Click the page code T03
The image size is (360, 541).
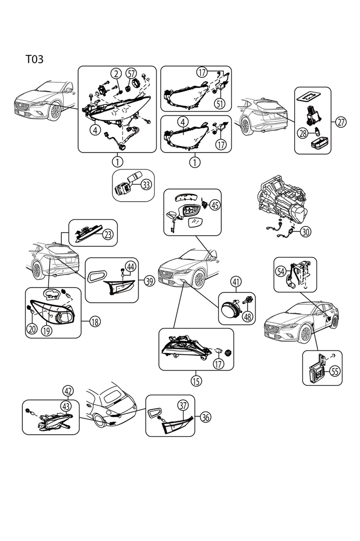click(35, 59)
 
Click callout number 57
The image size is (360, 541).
click(131, 74)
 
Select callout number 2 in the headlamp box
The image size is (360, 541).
click(116, 74)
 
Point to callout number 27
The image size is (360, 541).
click(341, 121)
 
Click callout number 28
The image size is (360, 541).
click(303, 132)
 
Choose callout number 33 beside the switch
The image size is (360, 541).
click(146, 185)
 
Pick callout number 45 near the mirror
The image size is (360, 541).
click(214, 205)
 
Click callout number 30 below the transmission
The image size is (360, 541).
click(306, 231)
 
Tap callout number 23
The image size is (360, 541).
click(108, 235)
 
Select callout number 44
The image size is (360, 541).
click(131, 266)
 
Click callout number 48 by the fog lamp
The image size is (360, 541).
click(247, 316)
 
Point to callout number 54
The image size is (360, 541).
click(281, 271)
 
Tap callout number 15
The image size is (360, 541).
click(196, 380)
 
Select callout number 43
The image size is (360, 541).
click(66, 405)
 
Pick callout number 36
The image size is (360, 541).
click(205, 417)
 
